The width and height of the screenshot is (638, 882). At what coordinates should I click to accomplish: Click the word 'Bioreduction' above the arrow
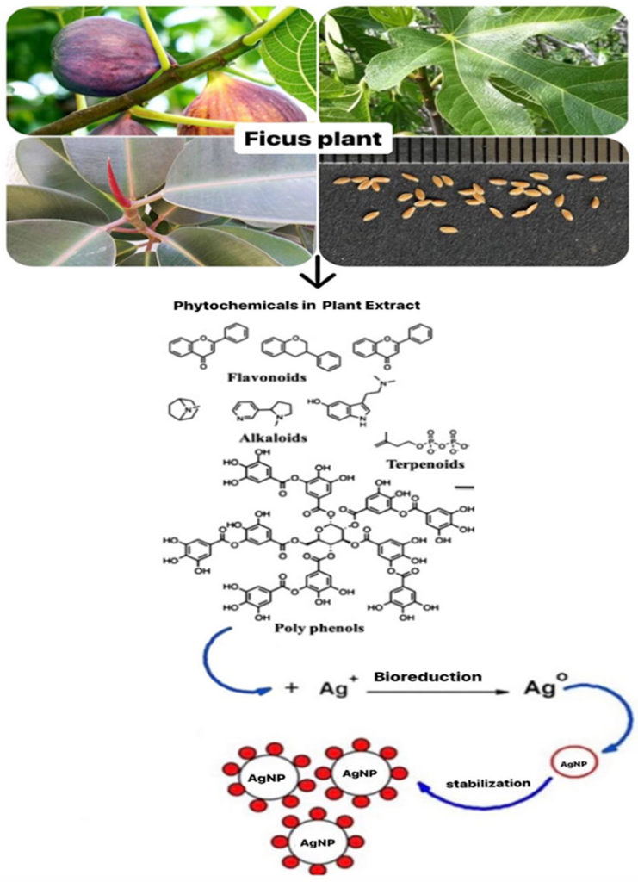click(x=428, y=676)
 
